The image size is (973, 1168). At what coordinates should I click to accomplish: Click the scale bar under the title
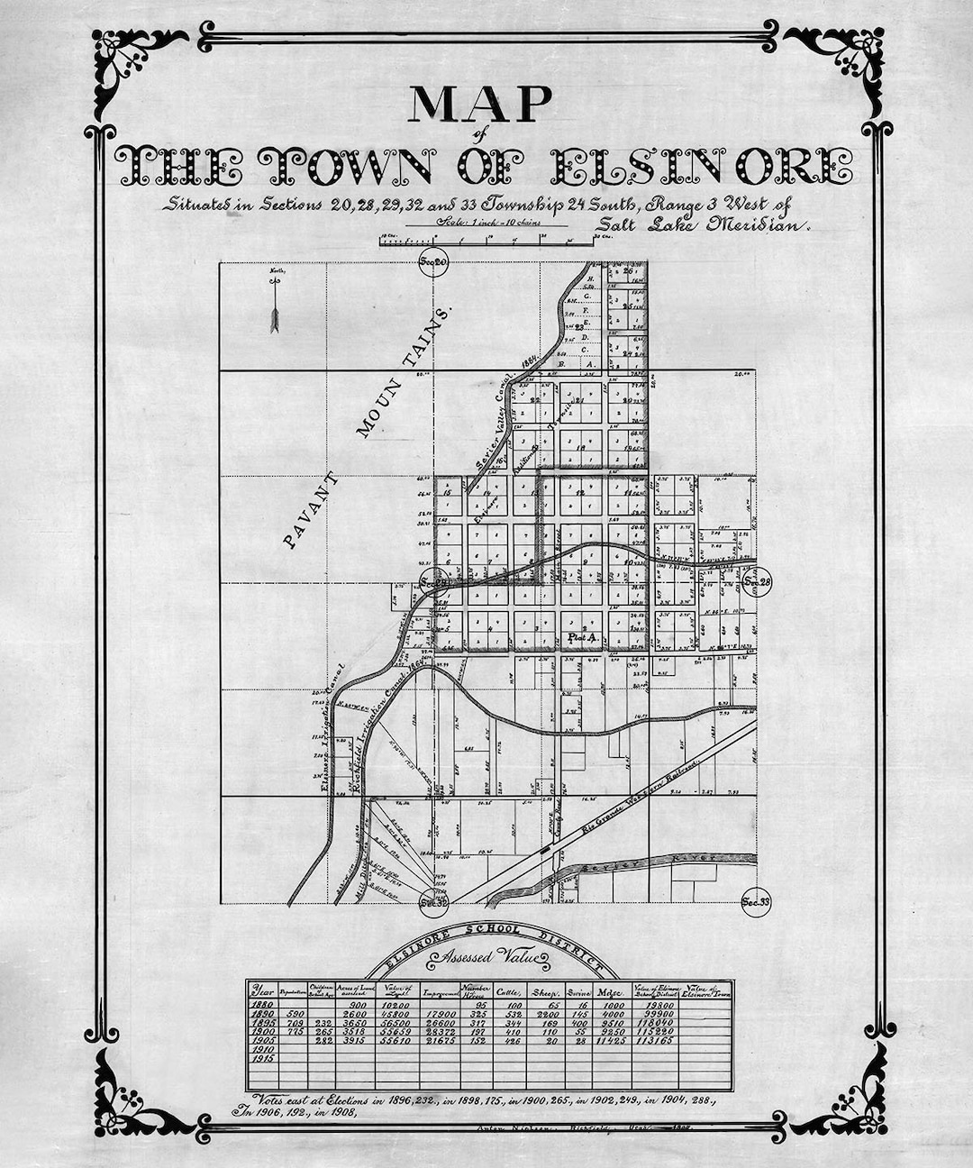click(x=486, y=241)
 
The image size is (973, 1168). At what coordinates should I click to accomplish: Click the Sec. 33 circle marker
click(x=755, y=900)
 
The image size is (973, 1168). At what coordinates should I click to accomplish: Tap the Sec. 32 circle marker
click(x=434, y=900)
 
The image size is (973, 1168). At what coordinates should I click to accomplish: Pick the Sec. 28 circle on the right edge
click(x=758, y=583)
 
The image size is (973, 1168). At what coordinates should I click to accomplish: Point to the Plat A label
click(x=582, y=638)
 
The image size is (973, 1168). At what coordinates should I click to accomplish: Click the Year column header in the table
click(x=261, y=991)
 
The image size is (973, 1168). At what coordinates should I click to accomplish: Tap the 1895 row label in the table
click(x=262, y=1023)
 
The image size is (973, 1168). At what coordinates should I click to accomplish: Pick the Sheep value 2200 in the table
click(x=547, y=1014)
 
